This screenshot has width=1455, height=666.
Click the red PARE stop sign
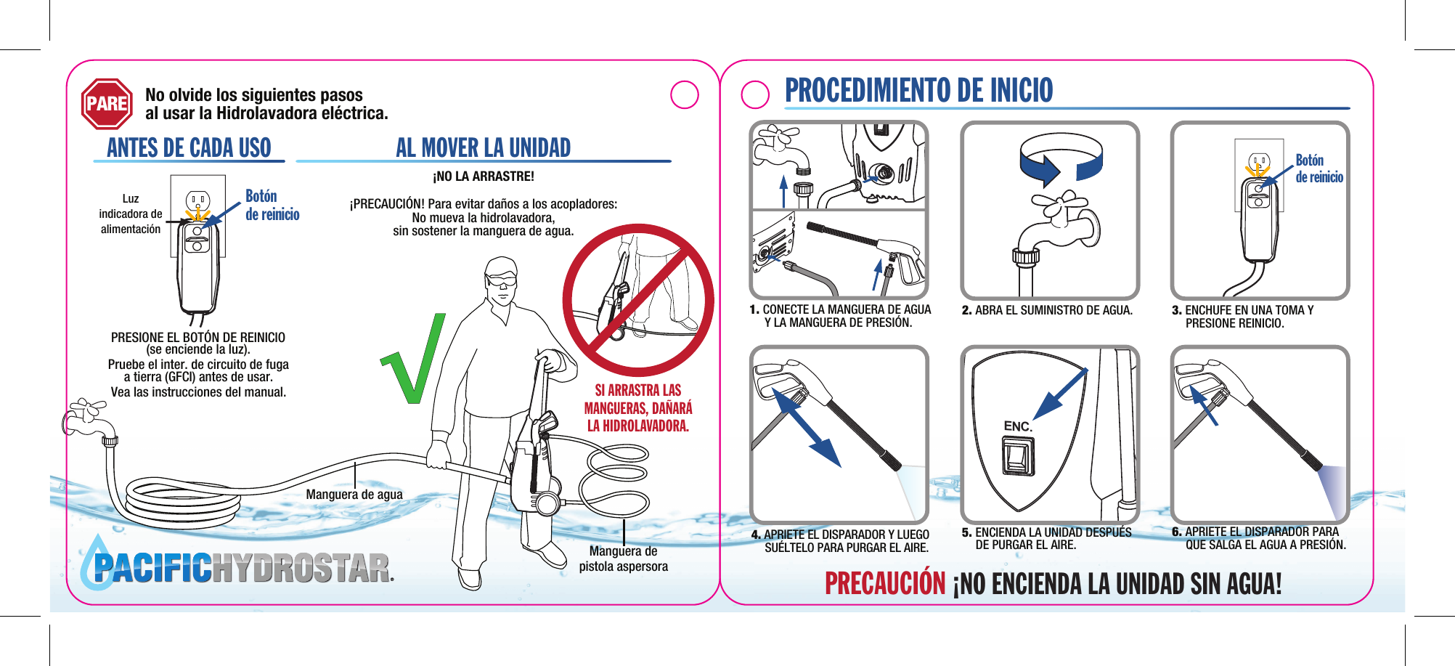tap(107, 104)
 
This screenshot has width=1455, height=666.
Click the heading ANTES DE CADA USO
tap(189, 147)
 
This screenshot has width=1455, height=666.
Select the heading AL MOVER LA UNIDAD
tap(483, 147)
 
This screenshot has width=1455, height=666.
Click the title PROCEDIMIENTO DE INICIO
tap(918, 90)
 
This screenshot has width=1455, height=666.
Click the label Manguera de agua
tap(354, 495)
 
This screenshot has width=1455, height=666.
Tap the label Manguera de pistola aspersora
tap(623, 559)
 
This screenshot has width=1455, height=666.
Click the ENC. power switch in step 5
tap(1018, 457)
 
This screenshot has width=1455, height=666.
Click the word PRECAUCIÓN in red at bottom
tap(885, 584)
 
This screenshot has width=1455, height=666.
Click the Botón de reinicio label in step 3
tap(1319, 168)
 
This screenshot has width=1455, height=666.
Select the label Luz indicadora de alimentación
tap(131, 214)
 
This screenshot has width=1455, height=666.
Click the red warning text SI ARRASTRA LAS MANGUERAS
tap(638, 408)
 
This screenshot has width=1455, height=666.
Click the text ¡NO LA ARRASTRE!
tap(484, 176)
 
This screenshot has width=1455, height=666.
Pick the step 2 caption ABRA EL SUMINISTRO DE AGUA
tap(1046, 310)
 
